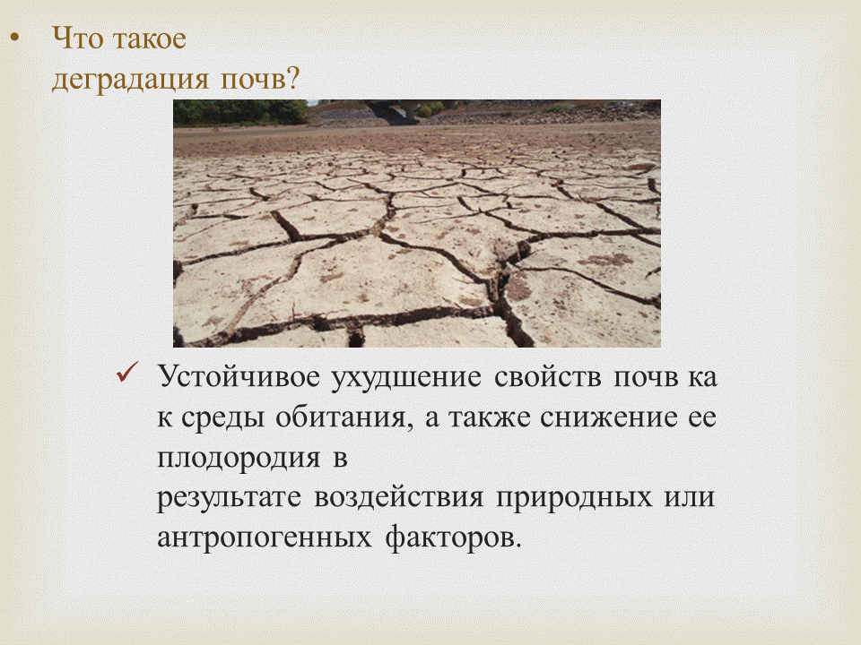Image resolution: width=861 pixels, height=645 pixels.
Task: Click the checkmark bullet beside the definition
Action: click(126, 374)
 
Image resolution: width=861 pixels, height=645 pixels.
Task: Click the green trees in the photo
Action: click(238, 112)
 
